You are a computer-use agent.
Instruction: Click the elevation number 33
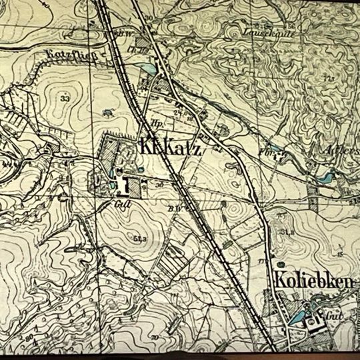65,99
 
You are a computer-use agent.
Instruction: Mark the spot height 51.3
139,238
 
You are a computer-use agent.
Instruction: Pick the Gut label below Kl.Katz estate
121,205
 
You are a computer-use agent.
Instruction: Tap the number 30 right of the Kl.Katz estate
160,183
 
